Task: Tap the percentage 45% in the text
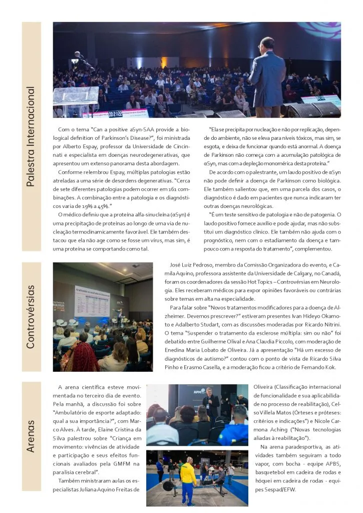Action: (104, 206)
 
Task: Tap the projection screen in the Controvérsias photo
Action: (92, 301)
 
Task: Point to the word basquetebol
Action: (271, 472)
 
